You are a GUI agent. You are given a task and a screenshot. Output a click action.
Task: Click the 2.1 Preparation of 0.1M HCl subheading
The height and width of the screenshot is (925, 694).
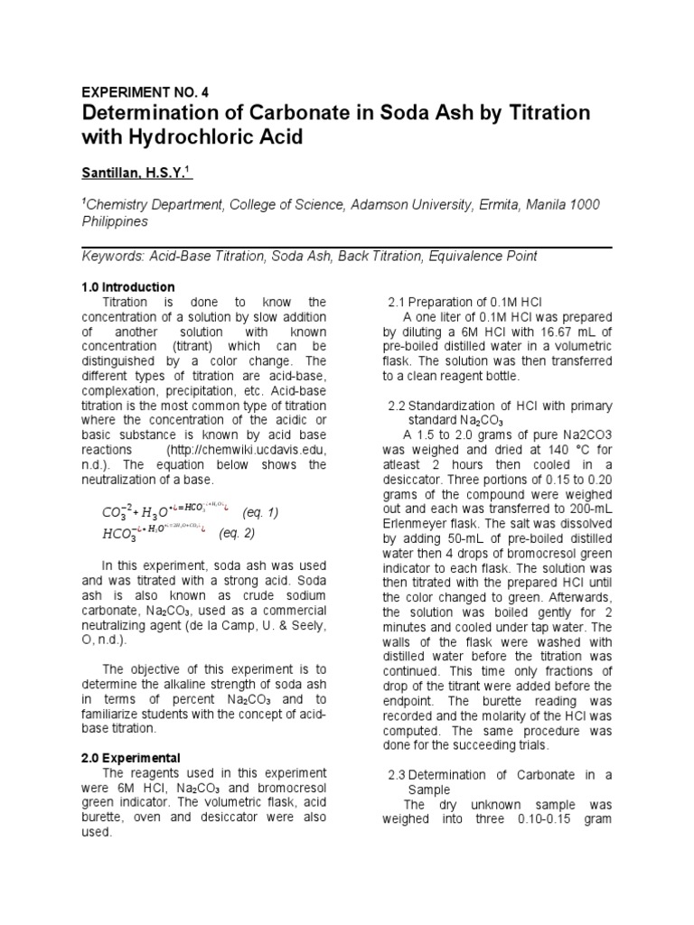(x=464, y=301)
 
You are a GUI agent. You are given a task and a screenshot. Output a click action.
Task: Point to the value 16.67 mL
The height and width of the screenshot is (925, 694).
(x=554, y=332)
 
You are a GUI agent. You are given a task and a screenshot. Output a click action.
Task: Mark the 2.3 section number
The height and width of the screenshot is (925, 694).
(x=398, y=774)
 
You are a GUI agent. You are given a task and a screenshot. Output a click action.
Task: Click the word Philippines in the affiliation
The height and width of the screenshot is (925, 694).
(x=117, y=220)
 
